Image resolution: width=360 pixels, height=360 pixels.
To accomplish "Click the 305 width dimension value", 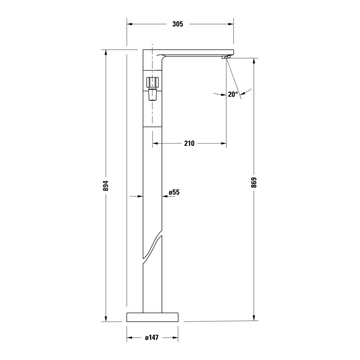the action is [178, 24].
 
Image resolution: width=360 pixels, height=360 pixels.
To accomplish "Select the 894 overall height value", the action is [106, 186].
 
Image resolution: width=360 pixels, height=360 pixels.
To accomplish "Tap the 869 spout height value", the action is [254, 183].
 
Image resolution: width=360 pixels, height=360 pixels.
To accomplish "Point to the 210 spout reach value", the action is [189, 143].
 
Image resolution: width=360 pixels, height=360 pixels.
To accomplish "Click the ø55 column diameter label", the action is [174, 192].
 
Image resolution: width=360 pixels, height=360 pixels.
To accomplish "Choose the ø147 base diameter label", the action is [152, 337].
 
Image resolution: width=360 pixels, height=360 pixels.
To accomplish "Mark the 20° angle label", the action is [233, 94].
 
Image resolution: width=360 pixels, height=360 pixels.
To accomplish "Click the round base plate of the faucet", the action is [153, 317].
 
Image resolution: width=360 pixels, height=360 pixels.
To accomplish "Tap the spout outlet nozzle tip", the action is [226, 57].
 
